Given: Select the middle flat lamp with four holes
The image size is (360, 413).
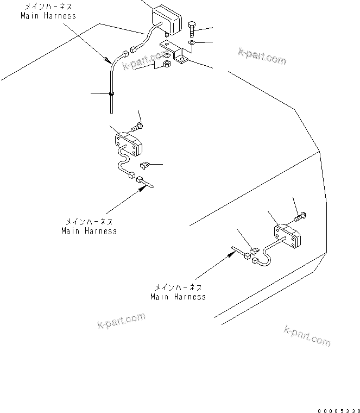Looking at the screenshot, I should pyautogui.click(x=128, y=144).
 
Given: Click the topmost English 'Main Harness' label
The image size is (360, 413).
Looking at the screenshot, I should pyautogui.click(x=48, y=16).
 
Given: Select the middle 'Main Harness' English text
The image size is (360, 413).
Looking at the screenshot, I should pyautogui.click(x=89, y=231).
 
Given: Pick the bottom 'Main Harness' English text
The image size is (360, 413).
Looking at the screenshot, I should pyautogui.click(x=178, y=297).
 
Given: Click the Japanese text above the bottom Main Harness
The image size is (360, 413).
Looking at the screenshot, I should pyautogui.click(x=178, y=287).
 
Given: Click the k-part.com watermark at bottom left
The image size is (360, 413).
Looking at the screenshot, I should pyautogui.click(x=122, y=321).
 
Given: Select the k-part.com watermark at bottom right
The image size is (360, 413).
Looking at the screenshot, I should pyautogui.click(x=307, y=336).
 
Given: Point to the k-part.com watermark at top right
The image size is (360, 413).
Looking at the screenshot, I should pyautogui.click(x=262, y=56).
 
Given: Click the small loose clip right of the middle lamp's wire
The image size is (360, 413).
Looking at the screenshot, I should pyautogui.click(x=145, y=164).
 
